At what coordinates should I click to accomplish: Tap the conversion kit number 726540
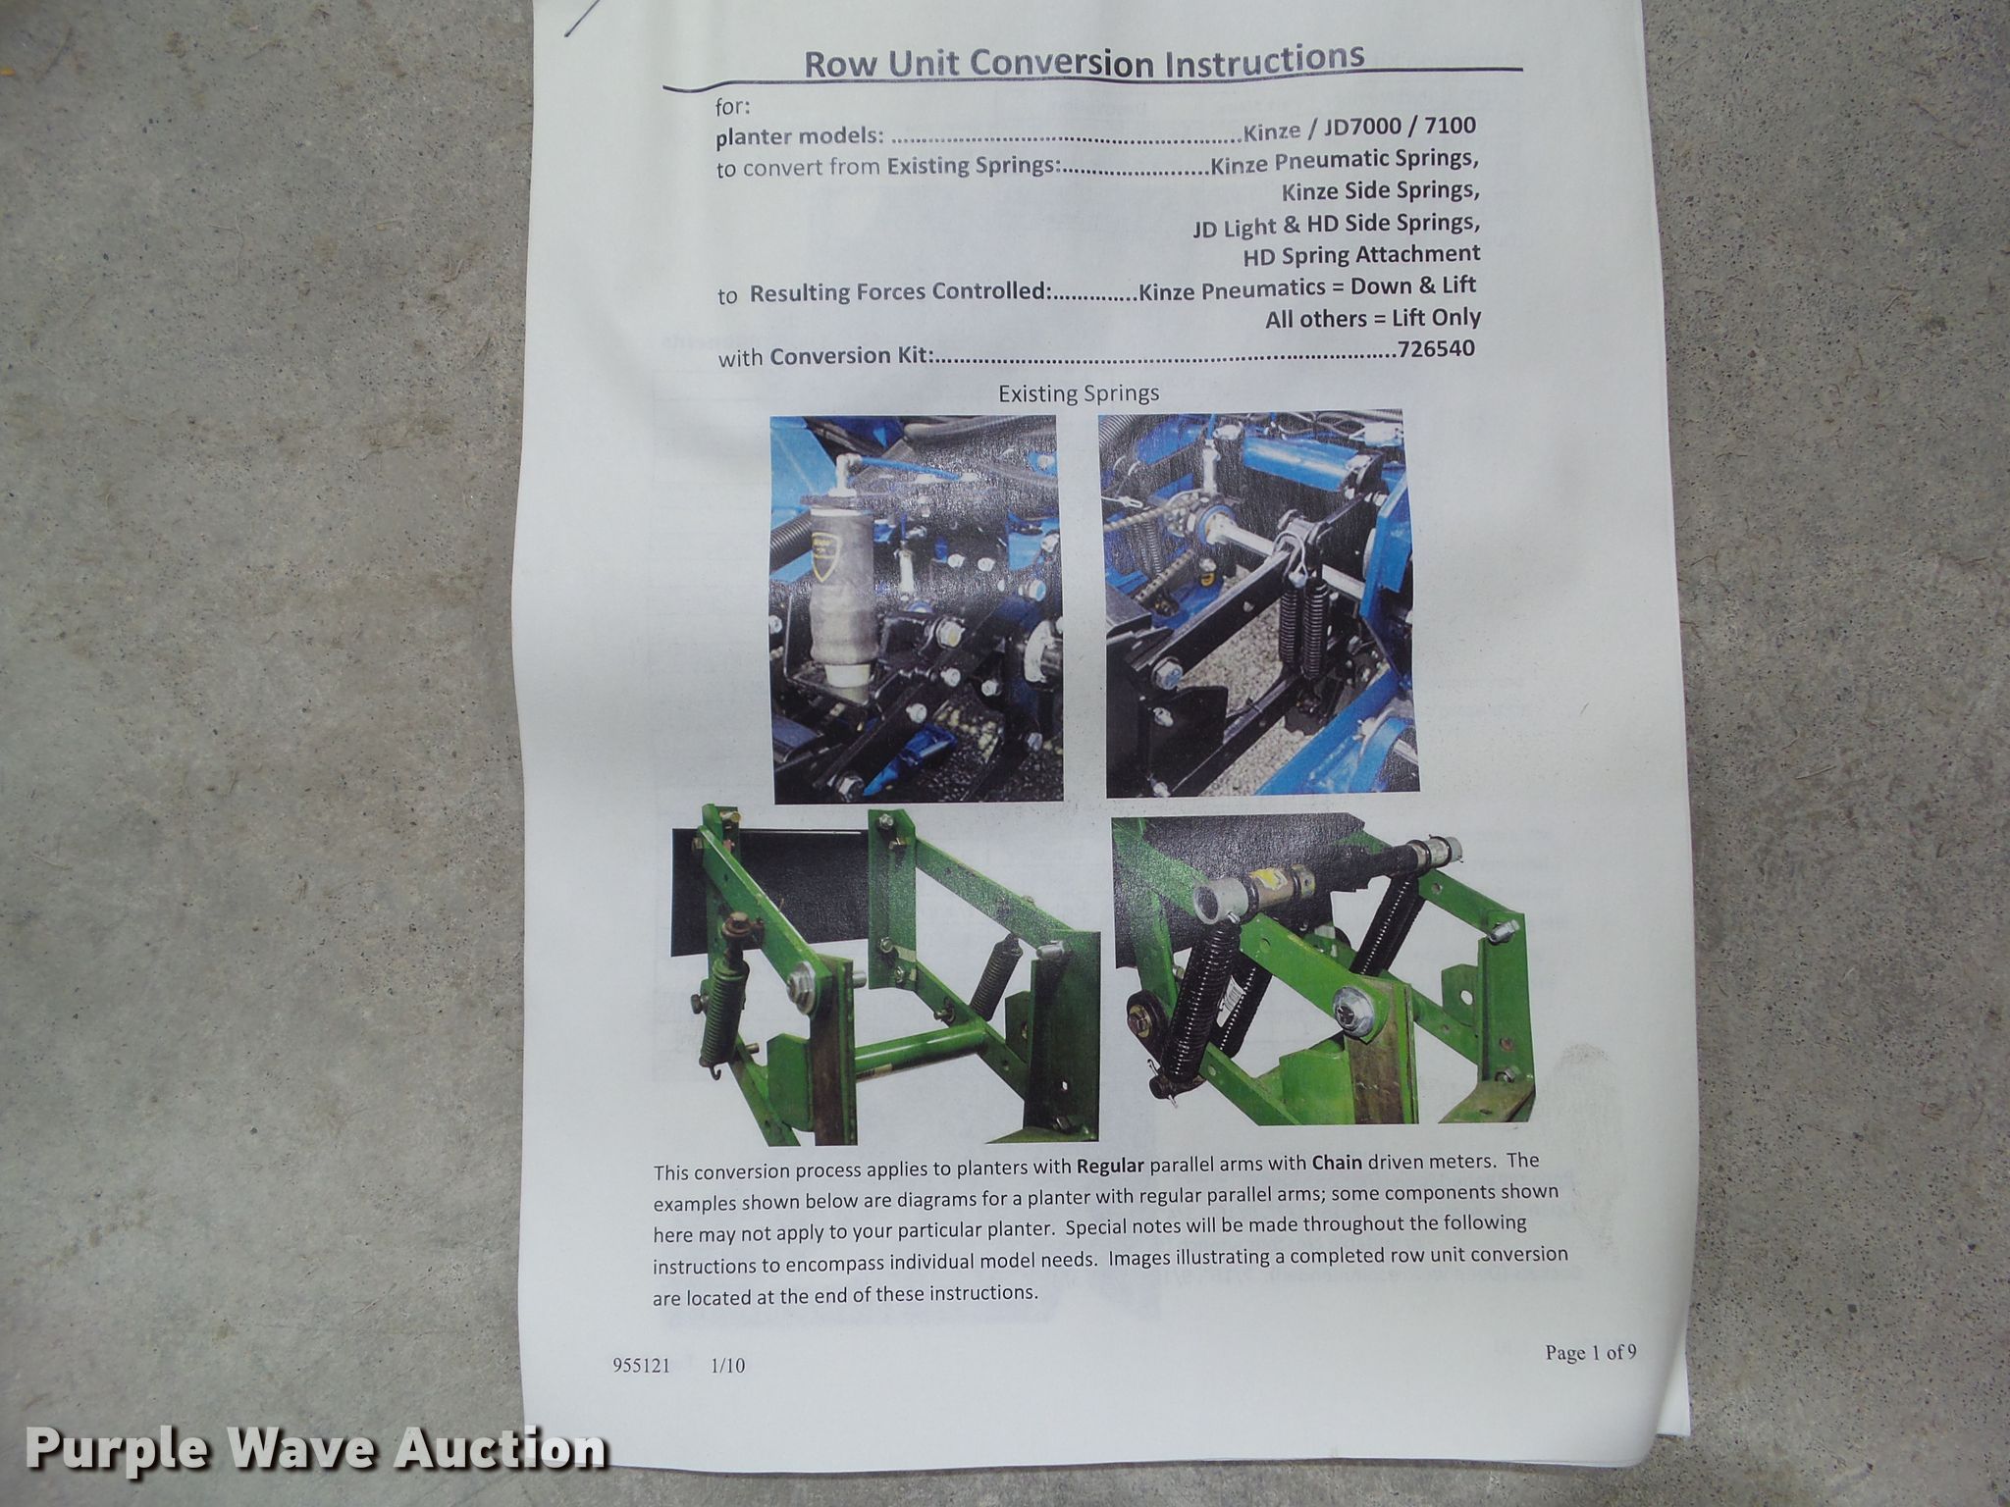pyautogui.click(x=1435, y=349)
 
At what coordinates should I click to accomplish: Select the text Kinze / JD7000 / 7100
pyautogui.click(x=1358, y=127)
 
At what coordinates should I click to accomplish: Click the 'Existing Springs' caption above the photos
pyautogui.click(x=1079, y=393)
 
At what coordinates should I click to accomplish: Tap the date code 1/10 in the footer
pyautogui.click(x=727, y=1366)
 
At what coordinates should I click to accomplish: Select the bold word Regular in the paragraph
pyautogui.click(x=1111, y=1166)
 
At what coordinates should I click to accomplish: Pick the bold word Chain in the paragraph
pyautogui.click(x=1337, y=1163)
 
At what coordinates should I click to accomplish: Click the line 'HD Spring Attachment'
pyautogui.click(x=1361, y=255)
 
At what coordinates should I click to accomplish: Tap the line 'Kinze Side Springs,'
pyautogui.click(x=1380, y=190)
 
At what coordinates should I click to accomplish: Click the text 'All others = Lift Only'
pyautogui.click(x=1372, y=319)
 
